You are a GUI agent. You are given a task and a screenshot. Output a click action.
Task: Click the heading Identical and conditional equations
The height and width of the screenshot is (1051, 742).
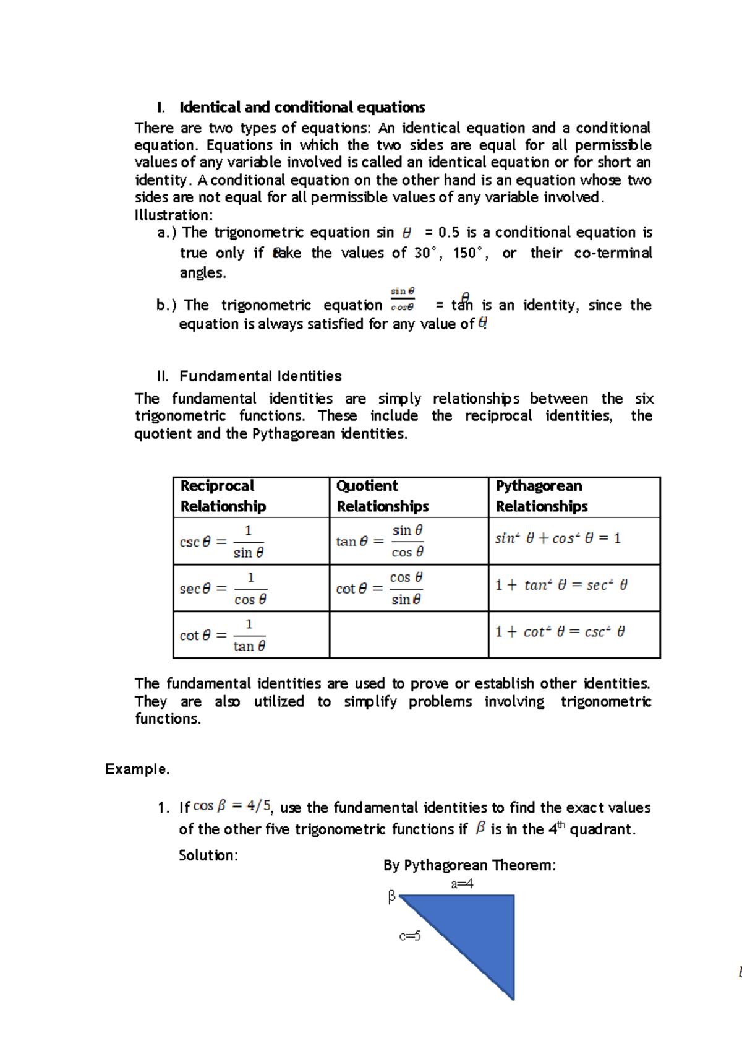pyautogui.click(x=302, y=108)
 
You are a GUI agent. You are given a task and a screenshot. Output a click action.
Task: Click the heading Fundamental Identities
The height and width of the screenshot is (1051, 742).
pyautogui.click(x=260, y=376)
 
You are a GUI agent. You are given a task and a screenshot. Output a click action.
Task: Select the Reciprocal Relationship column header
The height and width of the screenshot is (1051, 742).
pyautogui.click(x=223, y=496)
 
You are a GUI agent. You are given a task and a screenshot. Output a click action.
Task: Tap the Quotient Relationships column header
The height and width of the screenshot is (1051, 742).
pyautogui.click(x=382, y=496)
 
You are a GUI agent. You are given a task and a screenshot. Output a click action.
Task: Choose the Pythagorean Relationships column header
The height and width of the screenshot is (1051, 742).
pyautogui.click(x=541, y=496)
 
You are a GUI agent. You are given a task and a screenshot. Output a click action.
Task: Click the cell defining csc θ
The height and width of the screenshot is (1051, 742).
pyautogui.click(x=250, y=542)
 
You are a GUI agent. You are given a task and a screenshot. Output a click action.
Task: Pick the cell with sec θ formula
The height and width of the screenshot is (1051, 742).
pyautogui.click(x=250, y=589)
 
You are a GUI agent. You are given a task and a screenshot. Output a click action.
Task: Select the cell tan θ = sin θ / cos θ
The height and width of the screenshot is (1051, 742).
pyautogui.click(x=408, y=542)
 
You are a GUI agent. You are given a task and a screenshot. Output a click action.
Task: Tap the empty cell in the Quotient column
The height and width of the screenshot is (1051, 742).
pyautogui.click(x=409, y=635)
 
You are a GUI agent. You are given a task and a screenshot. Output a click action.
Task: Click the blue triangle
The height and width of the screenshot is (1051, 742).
pyautogui.click(x=482, y=928)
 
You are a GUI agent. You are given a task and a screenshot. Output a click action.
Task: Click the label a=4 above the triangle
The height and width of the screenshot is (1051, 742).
pyautogui.click(x=462, y=884)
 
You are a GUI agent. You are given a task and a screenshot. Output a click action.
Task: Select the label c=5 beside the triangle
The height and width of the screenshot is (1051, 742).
pyautogui.click(x=410, y=936)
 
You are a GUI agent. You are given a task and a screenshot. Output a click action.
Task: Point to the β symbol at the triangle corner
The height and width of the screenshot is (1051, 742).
pyautogui.click(x=391, y=896)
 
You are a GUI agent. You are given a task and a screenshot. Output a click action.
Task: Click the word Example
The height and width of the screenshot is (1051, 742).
pyautogui.click(x=137, y=769)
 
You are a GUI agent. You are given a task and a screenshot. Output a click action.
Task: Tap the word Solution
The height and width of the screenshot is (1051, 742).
pyautogui.click(x=208, y=855)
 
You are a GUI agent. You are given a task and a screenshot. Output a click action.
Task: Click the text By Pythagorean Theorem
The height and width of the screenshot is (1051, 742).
pyautogui.click(x=469, y=865)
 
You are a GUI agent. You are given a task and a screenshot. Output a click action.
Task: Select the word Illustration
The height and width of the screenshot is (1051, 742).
pyautogui.click(x=173, y=215)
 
